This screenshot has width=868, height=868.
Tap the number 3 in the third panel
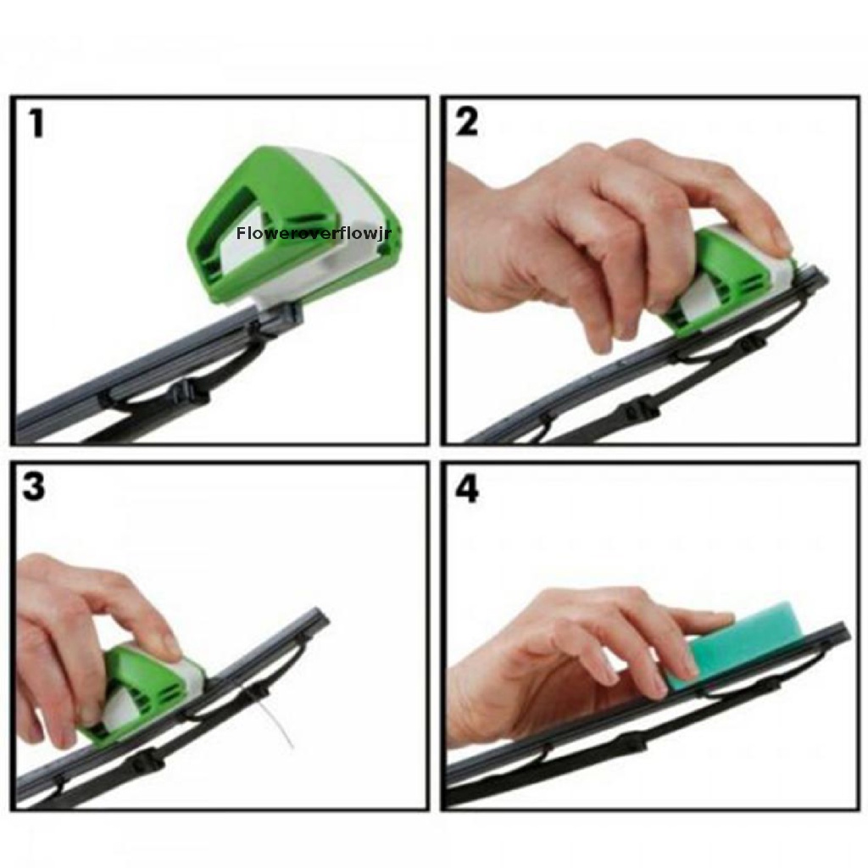[34, 487]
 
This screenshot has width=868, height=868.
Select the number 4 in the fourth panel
[467, 489]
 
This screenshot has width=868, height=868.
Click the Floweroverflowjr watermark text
[314, 231]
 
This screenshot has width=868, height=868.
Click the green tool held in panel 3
[140, 691]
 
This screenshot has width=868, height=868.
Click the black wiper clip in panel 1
[187, 392]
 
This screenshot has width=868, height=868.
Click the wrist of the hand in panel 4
[475, 704]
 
